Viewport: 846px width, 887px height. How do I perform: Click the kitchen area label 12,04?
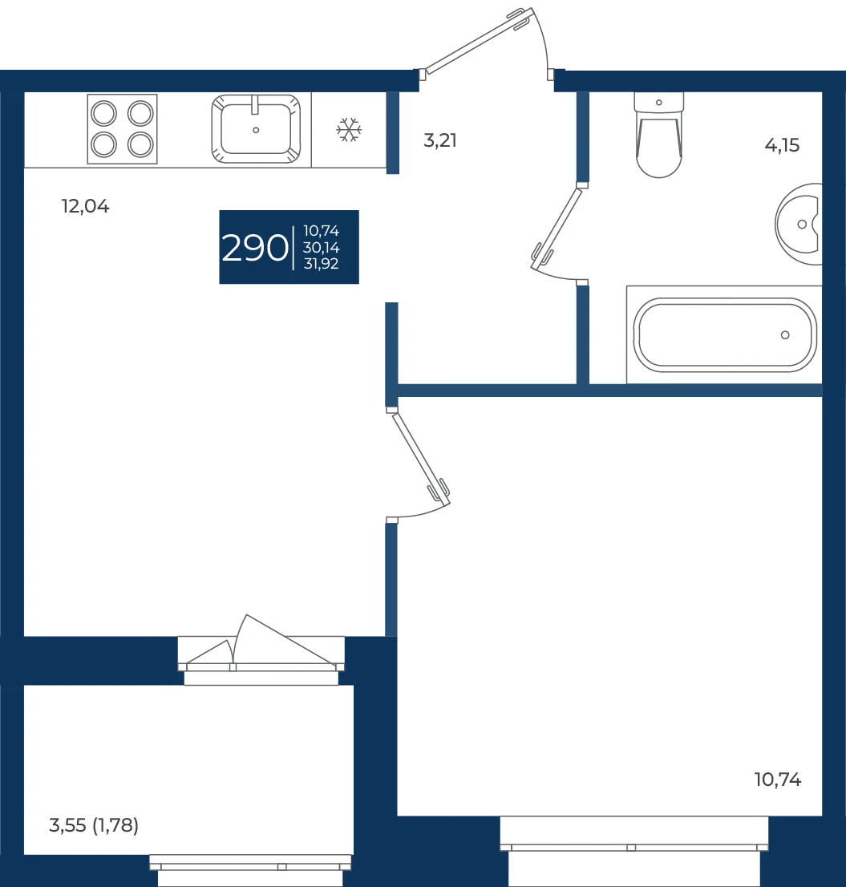[x=85, y=206]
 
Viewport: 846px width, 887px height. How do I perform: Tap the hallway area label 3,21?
[x=440, y=140]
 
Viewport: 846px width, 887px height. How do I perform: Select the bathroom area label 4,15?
[x=782, y=145]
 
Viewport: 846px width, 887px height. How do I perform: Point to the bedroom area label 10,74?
[x=778, y=780]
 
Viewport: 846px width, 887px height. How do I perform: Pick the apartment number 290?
[x=255, y=248]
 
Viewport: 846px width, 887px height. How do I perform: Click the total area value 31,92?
[x=322, y=264]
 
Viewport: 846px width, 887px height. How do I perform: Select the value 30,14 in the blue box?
[x=322, y=248]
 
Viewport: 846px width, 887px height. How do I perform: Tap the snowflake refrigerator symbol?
[x=349, y=130]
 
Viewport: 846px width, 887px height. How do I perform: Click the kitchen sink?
[x=256, y=130]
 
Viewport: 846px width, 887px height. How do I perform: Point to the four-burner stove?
[x=122, y=129]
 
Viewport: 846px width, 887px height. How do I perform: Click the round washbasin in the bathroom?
[x=799, y=224]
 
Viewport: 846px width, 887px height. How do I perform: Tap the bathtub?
[x=724, y=335]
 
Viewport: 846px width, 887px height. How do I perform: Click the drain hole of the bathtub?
[x=785, y=335]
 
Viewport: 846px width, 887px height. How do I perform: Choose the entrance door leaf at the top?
[x=478, y=41]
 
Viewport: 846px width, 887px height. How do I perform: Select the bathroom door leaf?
[x=557, y=228]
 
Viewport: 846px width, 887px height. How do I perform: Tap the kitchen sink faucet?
[x=255, y=104]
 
